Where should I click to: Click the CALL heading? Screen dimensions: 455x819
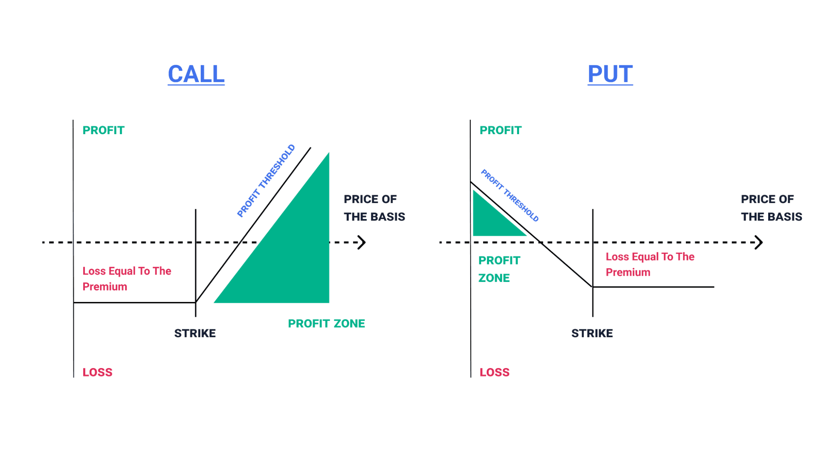[196, 74]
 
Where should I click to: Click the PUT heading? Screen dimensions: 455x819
[610, 74]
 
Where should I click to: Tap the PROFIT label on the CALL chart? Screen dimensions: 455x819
[103, 130]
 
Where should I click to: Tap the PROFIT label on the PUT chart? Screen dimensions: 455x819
[500, 130]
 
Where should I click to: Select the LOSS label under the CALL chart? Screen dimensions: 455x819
[97, 372]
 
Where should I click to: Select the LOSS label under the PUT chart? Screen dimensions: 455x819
[494, 372]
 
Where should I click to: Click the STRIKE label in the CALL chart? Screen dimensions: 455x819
[195, 333]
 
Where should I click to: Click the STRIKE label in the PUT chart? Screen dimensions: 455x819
[592, 333]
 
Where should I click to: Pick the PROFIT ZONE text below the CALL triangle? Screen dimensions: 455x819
[326, 324]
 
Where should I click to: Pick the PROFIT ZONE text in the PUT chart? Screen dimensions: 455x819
[499, 269]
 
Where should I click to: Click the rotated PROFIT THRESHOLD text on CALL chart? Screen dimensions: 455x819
[266, 181]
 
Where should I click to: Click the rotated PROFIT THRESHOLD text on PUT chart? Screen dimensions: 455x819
[509, 195]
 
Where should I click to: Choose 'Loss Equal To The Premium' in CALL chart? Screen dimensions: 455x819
[127, 279]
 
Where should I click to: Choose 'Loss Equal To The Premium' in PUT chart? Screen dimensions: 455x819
[649, 264]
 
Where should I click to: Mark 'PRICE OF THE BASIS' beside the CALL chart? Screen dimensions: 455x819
[374, 208]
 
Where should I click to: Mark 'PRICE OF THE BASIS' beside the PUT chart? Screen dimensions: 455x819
[771, 208]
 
